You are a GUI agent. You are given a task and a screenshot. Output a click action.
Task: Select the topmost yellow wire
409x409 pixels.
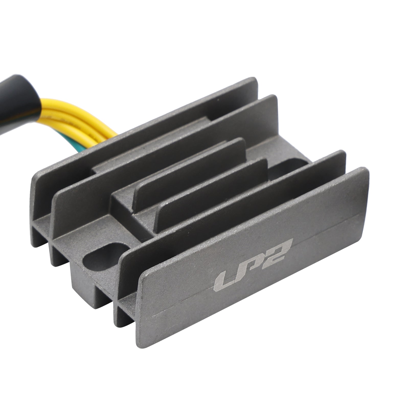[77, 102]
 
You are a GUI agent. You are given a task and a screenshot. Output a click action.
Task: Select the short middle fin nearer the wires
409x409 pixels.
[189, 174]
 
